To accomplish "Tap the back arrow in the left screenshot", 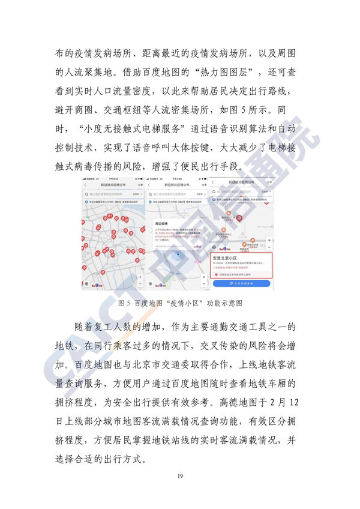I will [x=85, y=185].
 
